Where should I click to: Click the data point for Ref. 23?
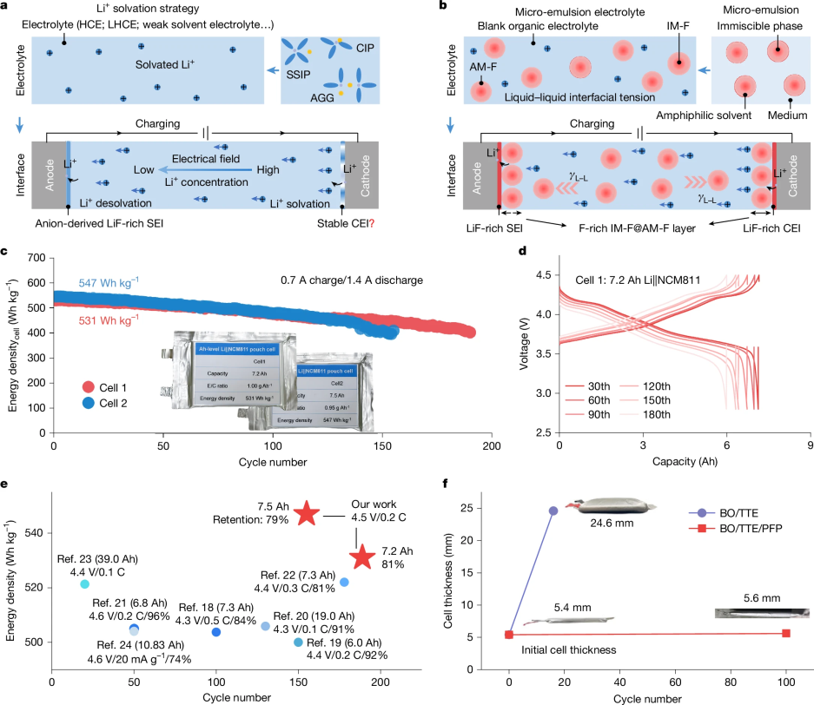tap(84, 584)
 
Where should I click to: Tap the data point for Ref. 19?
tap(298, 642)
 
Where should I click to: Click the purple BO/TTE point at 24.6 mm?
tap(553, 511)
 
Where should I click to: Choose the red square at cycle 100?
tap(785, 633)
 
